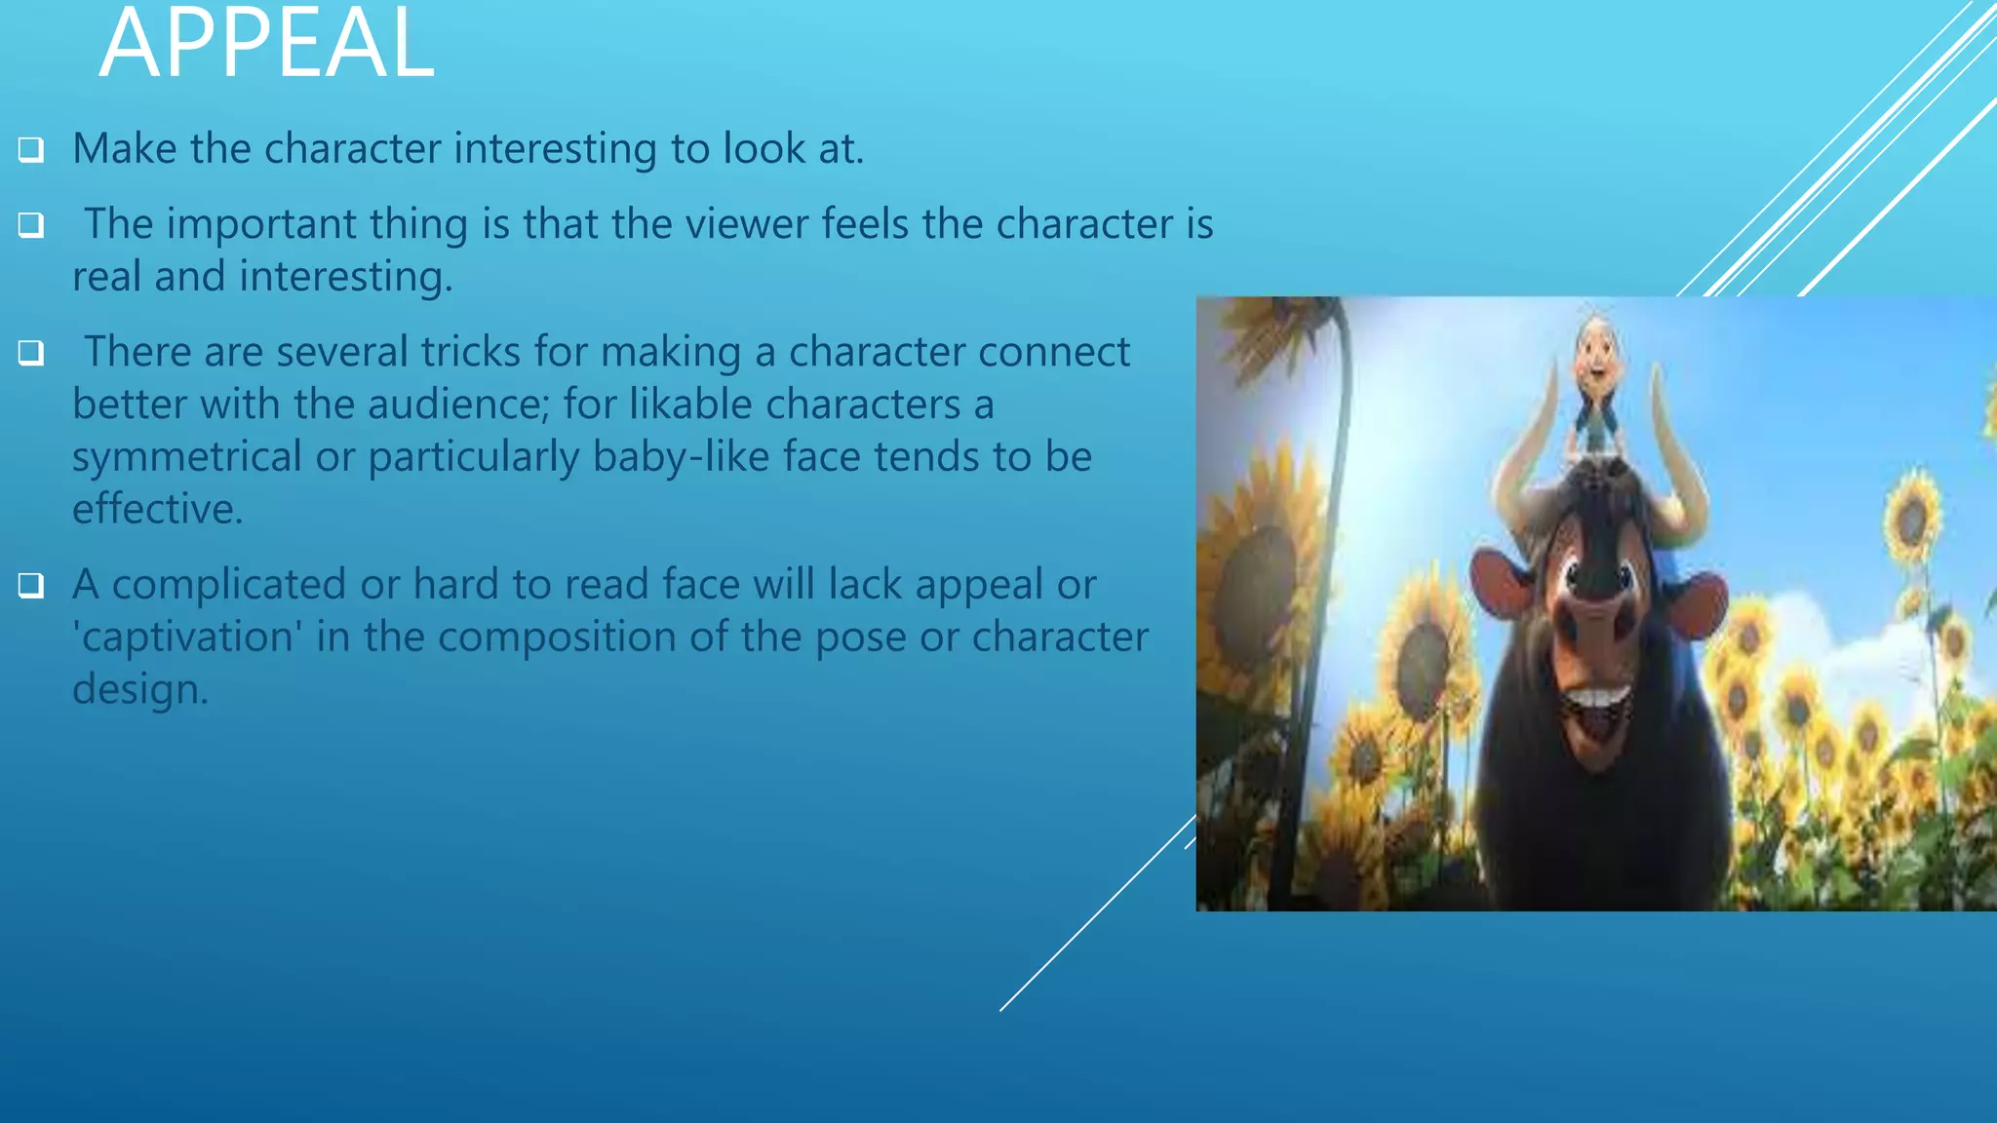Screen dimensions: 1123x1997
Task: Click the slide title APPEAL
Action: coord(266,44)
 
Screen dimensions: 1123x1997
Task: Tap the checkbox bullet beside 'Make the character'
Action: coord(31,150)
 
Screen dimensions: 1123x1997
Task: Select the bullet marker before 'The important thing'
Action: coord(31,225)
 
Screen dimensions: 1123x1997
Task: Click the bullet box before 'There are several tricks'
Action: coord(31,353)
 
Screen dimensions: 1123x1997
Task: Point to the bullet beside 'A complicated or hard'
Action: coord(31,586)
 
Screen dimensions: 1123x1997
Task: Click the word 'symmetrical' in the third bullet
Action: coord(186,457)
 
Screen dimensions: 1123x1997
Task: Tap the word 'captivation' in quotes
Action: coord(186,638)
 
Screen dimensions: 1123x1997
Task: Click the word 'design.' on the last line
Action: coord(140,690)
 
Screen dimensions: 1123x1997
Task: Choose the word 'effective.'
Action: coord(157,510)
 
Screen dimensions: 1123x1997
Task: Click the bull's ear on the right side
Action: coord(1702,604)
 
